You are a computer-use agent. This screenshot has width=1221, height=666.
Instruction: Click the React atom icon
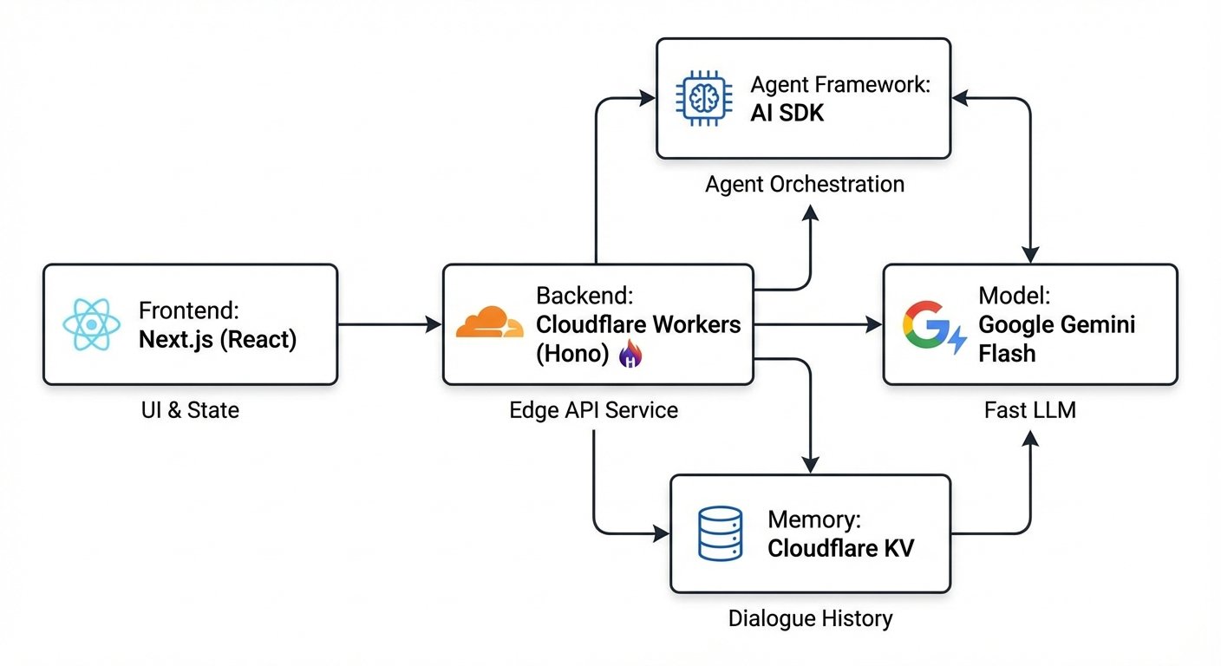pyautogui.click(x=91, y=325)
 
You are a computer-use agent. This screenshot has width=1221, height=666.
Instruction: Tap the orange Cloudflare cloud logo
pyautogui.click(x=490, y=322)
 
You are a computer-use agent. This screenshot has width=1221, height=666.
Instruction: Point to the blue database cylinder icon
pyautogui.click(x=720, y=533)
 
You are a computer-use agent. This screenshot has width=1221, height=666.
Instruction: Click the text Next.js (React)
pyautogui.click(x=217, y=340)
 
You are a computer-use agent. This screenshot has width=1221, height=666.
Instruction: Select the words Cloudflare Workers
pyautogui.click(x=639, y=324)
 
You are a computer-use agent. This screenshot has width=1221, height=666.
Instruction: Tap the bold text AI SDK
pyautogui.click(x=787, y=113)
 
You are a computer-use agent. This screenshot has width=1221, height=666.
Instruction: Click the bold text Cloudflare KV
pyautogui.click(x=840, y=548)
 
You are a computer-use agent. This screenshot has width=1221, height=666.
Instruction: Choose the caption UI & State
pyautogui.click(x=190, y=409)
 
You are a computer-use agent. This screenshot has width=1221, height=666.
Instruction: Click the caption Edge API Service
pyautogui.click(x=594, y=409)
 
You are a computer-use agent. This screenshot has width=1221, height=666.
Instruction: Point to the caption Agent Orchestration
pyautogui.click(x=805, y=185)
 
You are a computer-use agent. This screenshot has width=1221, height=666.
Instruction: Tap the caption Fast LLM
pyautogui.click(x=1030, y=409)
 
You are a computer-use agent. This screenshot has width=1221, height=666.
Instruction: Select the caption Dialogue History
pyautogui.click(x=810, y=618)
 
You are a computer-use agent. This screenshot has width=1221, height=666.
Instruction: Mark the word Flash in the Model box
pyautogui.click(x=1007, y=353)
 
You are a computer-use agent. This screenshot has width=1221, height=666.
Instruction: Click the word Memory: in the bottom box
pyautogui.click(x=814, y=520)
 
